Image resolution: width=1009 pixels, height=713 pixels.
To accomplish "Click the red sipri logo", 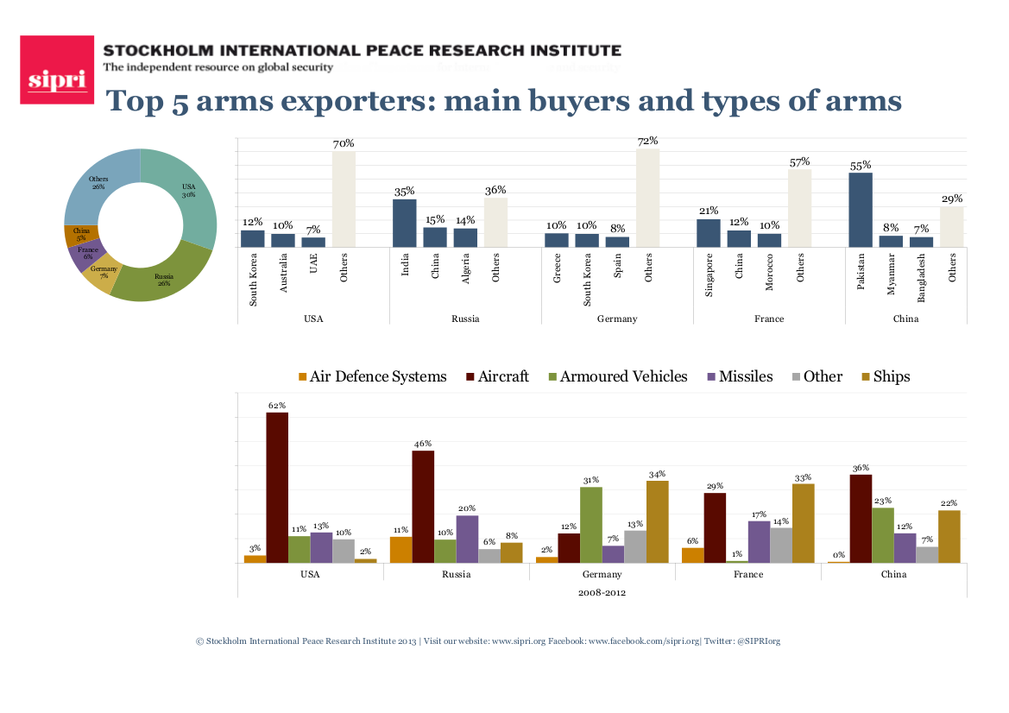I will [x=57, y=70].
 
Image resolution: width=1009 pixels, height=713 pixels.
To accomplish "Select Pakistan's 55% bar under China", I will [x=861, y=210].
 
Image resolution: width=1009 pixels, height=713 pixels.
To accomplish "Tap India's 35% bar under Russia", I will [x=405, y=224].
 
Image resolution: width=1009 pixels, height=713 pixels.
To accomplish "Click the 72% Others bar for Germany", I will [x=648, y=198].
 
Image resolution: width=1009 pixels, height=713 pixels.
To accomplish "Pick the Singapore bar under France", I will [x=709, y=233].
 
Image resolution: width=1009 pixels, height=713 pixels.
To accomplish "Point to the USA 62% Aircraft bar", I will [x=277, y=487].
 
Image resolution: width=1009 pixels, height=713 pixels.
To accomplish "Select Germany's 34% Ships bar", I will [x=657, y=521].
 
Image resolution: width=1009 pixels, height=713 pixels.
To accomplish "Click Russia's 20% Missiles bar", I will [x=467, y=539].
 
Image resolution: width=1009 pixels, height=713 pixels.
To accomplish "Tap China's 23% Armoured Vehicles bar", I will [x=882, y=534].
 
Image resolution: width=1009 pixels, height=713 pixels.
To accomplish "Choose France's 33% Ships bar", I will [x=803, y=523].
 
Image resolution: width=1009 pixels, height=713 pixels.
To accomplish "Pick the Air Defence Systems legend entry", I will [x=372, y=376].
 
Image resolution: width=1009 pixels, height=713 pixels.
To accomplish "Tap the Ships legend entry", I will [x=886, y=376].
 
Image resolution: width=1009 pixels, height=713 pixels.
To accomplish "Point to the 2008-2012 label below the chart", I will [x=602, y=592].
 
